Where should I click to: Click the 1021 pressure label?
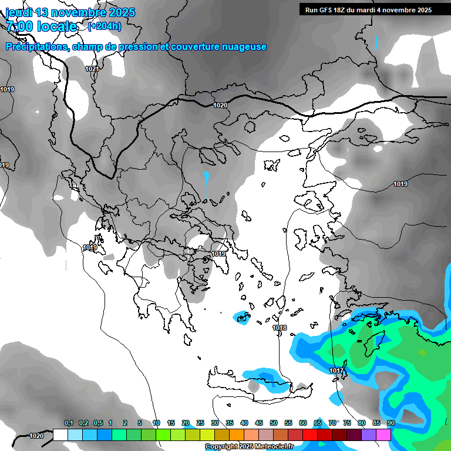coord(92,69)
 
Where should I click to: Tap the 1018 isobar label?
coord(280,328)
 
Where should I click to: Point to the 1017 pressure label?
coord(336,371)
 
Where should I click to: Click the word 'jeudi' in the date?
coord(19,12)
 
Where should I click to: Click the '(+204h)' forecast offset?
coord(105,26)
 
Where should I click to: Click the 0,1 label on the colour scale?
coord(69,423)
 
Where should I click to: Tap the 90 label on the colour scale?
coord(391,423)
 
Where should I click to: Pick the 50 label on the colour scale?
coord(274,423)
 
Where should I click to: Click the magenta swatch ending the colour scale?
coord(383,435)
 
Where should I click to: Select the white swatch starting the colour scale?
coord(60,435)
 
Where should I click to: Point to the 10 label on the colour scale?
coord(156,423)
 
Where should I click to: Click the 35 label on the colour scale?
coord(230,423)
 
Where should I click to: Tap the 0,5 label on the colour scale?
coord(97,423)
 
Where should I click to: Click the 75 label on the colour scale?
coord(347,423)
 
